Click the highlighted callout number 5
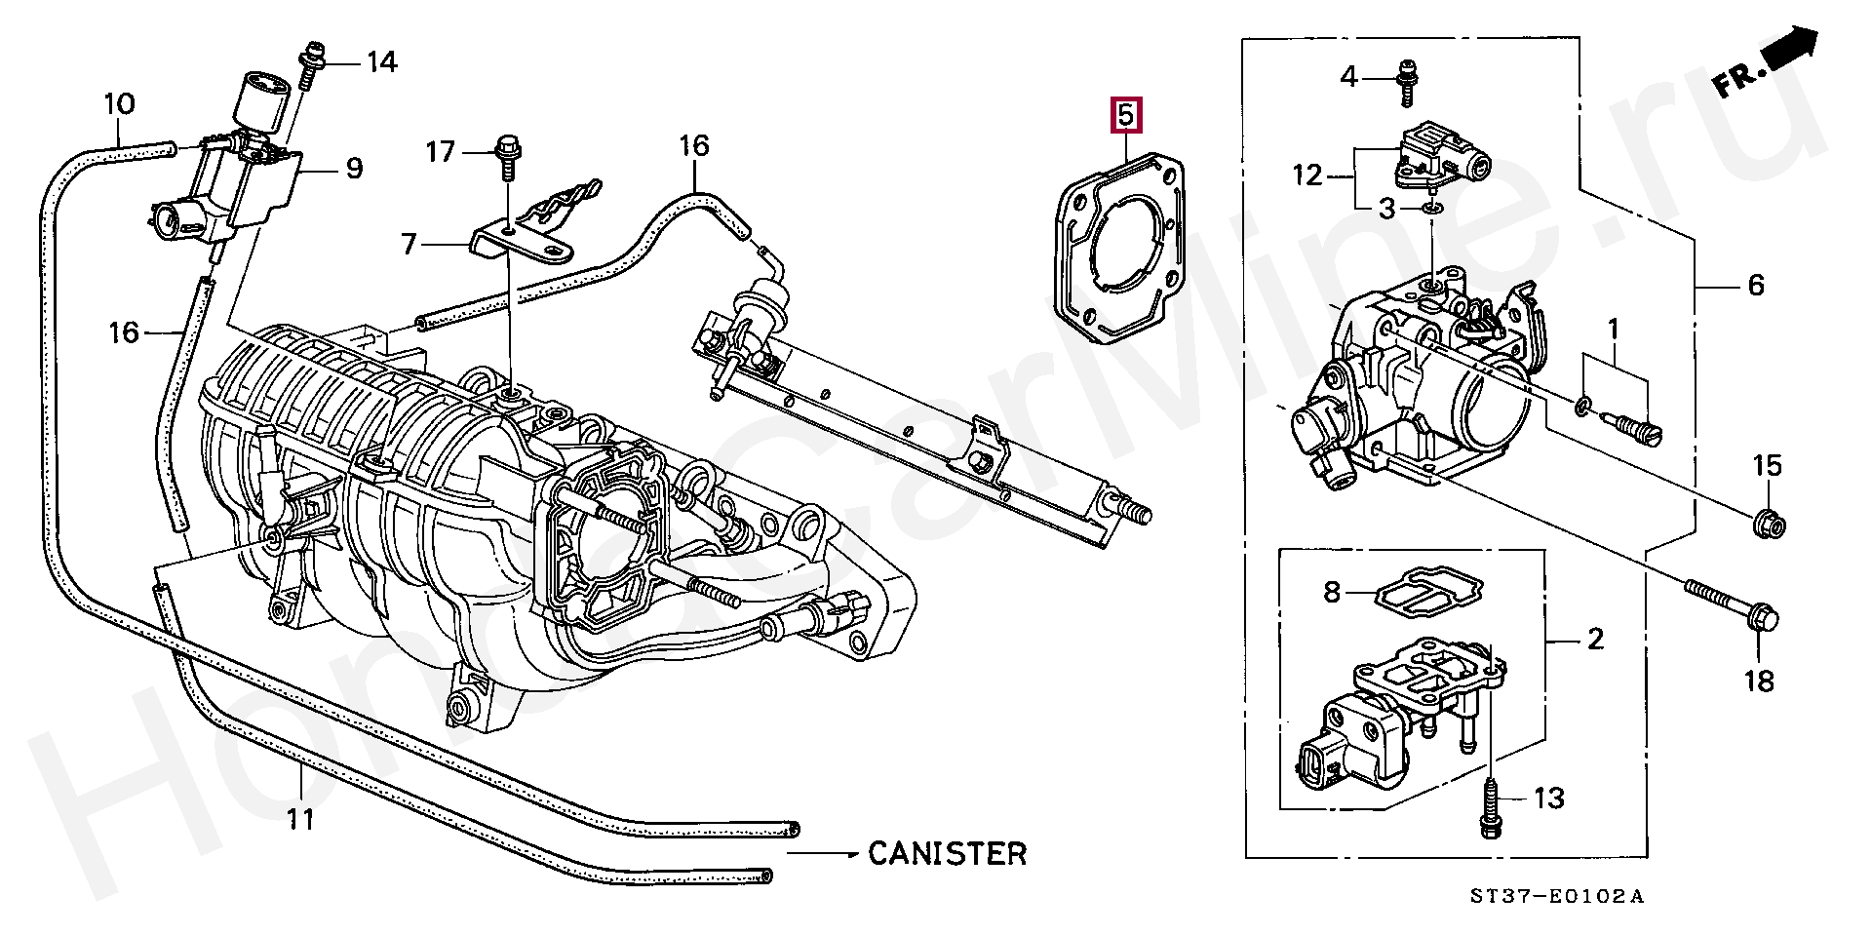coord(1125,114)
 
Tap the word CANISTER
coord(948,853)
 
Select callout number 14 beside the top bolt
coord(381,62)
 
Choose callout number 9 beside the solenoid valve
coord(354,169)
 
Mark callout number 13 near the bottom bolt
coord(1548,799)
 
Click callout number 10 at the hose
coord(119,103)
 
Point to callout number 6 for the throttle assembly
coord(1755,285)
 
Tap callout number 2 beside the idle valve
coord(1595,640)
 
